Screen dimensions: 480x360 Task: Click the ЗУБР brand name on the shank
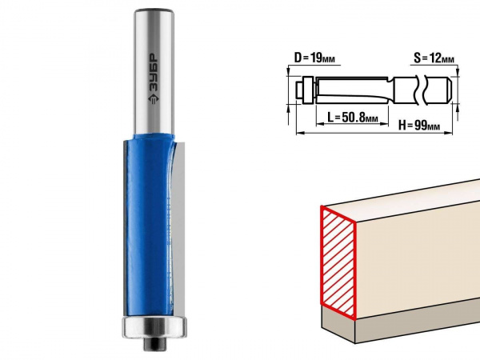click(x=154, y=73)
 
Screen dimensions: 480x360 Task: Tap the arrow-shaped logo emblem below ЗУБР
click(x=154, y=99)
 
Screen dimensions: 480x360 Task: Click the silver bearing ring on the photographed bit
click(x=154, y=327)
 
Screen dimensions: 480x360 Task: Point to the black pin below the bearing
click(x=154, y=344)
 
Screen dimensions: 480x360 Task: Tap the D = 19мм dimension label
click(x=314, y=58)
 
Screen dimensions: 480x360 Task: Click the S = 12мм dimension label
click(x=434, y=58)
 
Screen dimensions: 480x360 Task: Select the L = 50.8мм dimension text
click(x=353, y=117)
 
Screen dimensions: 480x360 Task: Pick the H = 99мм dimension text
click(x=419, y=126)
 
